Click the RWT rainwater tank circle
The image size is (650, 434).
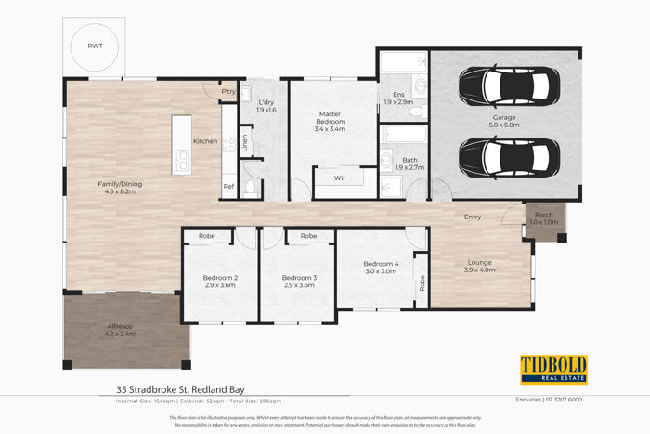click(97, 46)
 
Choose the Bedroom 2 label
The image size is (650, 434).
click(221, 282)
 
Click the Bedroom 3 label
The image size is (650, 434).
click(300, 282)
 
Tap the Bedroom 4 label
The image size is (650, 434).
click(382, 268)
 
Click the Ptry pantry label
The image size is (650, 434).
click(228, 91)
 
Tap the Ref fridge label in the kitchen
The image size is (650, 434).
click(228, 186)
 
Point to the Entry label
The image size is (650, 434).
click(473, 217)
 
